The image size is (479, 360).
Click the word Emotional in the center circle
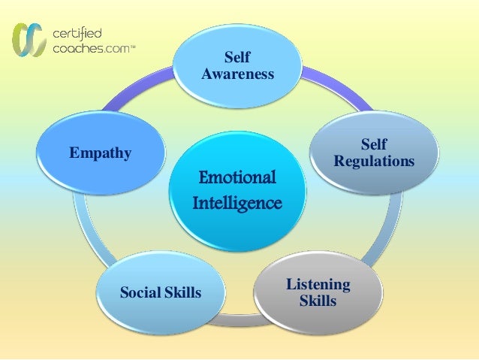237,178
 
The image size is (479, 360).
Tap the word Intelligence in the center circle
237,203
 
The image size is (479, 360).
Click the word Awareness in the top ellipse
237,74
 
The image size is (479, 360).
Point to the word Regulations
373,161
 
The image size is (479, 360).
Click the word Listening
318,284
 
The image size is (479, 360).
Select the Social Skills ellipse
161,292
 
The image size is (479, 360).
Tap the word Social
140,292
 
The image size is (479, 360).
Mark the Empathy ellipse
101,153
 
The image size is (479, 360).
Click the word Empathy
101,153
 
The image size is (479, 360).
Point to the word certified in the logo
77,32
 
